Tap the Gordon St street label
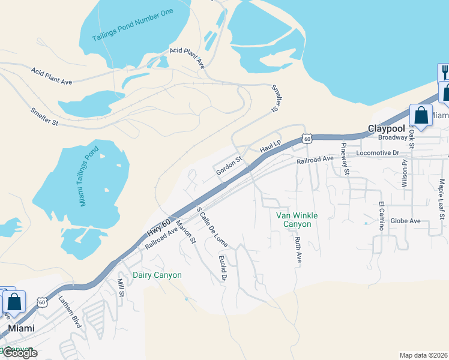tap(229, 167)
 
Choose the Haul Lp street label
tap(270, 146)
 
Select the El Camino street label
tap(381, 216)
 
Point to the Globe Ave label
tap(406, 221)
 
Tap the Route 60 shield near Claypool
tap(307, 139)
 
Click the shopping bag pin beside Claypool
tap(421, 115)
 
